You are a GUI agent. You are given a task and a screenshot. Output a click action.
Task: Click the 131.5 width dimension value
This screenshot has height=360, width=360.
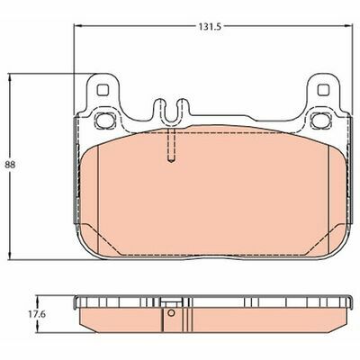tap(209, 27)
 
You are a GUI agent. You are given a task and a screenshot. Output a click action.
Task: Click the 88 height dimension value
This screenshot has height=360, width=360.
tap(10, 165)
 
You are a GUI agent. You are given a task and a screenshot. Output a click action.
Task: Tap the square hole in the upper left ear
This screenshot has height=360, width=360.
tap(103, 89)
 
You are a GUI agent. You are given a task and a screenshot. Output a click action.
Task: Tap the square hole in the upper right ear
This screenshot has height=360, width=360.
tap(323, 89)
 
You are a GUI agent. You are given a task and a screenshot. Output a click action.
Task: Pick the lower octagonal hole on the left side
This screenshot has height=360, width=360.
tap(105, 120)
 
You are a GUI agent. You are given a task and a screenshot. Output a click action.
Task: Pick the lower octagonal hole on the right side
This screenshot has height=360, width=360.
tap(320, 120)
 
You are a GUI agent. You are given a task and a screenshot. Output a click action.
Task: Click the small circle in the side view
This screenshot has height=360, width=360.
tap(171, 313)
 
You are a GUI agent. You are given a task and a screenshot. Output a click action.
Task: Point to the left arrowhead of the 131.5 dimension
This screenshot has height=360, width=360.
tap(77, 26)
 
